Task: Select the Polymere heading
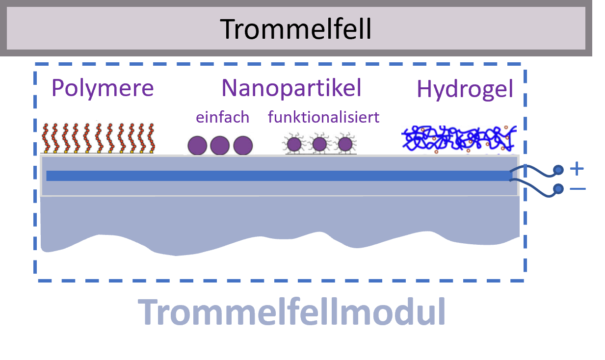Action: (x=103, y=88)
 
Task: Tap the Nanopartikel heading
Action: (x=291, y=88)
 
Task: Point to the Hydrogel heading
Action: (x=465, y=89)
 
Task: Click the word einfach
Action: (x=222, y=117)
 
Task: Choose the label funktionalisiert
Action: (x=323, y=117)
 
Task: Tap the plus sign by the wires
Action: (x=577, y=170)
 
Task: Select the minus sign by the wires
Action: (x=578, y=189)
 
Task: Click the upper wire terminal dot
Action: (x=558, y=170)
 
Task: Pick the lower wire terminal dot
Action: (x=558, y=189)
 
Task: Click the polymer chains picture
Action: (x=98, y=137)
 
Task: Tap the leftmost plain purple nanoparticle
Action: (x=198, y=146)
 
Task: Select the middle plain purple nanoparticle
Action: (x=220, y=146)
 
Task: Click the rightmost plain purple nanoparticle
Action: (x=242, y=146)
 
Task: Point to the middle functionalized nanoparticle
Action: (x=319, y=144)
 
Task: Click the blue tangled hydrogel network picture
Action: (x=459, y=139)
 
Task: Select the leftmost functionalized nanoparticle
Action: (x=294, y=144)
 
